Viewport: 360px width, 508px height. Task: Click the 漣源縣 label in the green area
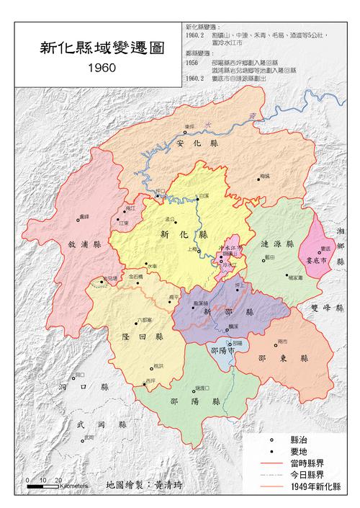click(278, 244)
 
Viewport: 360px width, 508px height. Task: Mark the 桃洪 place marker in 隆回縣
click(152, 367)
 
